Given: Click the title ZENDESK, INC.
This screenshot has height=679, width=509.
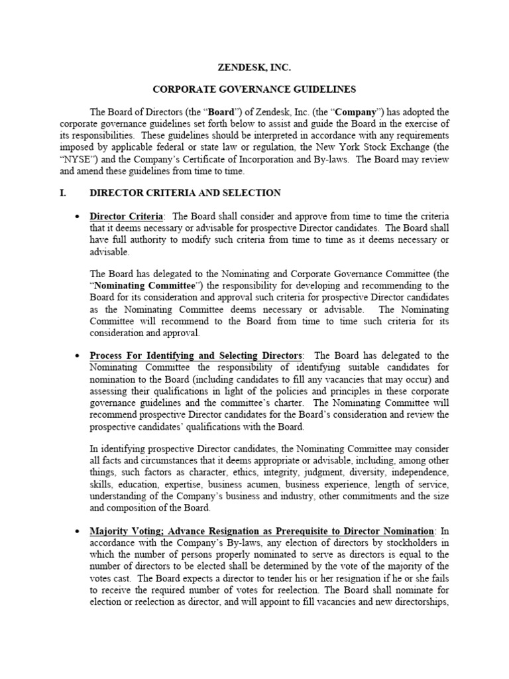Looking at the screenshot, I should tap(254, 67).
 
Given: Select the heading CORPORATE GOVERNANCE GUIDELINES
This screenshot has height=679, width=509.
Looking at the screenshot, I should tap(254, 89).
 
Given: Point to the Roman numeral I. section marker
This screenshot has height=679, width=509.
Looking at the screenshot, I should tap(64, 193).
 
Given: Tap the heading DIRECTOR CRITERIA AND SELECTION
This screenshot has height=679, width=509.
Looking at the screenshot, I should tap(185, 193).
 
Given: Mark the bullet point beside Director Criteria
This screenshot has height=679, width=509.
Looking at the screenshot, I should tap(78, 217).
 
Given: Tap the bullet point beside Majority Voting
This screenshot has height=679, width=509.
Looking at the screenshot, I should tap(78, 532).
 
